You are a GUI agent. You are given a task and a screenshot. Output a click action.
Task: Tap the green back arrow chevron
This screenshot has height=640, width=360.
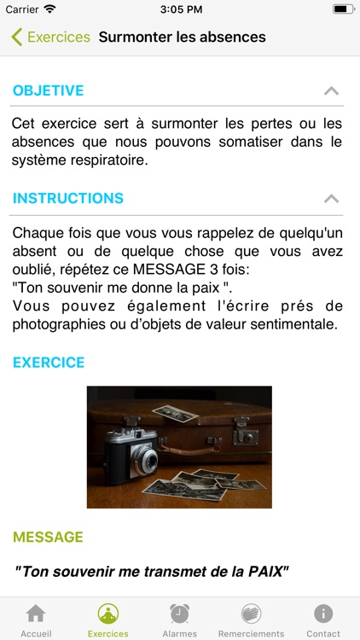[17, 38]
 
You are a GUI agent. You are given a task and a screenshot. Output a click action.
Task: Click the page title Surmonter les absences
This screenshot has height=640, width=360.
[182, 38]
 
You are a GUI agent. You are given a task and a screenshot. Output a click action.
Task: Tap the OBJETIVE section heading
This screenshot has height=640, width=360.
[48, 90]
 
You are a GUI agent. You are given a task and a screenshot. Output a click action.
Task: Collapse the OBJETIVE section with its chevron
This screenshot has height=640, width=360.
[332, 90]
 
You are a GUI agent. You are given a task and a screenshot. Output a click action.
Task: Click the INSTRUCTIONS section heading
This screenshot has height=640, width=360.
[68, 198]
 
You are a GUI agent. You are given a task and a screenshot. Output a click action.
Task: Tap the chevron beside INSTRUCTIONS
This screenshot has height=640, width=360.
[332, 198]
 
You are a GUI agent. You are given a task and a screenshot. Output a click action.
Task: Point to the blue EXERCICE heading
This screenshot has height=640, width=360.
[49, 363]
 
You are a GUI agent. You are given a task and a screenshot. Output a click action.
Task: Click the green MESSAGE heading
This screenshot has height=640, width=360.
[48, 537]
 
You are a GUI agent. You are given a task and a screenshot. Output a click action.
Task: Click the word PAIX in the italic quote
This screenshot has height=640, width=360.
[265, 572]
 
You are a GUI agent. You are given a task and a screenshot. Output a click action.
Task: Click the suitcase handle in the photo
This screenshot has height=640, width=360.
[189, 450]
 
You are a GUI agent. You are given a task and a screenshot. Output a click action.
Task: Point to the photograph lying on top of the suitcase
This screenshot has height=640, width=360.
[175, 414]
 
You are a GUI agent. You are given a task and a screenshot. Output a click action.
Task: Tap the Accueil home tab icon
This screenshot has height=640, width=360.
[36, 614]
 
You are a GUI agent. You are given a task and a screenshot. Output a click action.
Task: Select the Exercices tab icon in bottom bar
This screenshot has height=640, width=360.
[108, 614]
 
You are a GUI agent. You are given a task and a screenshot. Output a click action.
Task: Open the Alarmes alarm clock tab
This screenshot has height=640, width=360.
[180, 614]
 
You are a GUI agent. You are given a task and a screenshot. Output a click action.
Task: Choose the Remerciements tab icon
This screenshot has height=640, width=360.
[251, 614]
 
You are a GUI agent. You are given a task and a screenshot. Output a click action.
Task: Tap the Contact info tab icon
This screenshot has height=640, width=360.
[323, 614]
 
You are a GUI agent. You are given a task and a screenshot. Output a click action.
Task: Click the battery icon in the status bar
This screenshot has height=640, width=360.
[344, 9]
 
